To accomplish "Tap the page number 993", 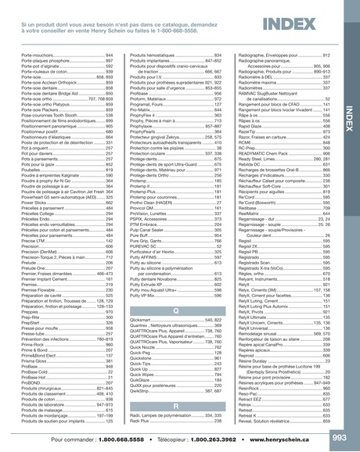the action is [342, 437].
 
